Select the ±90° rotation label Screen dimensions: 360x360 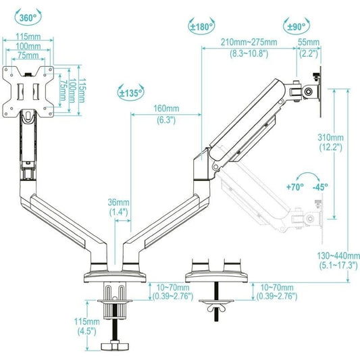(x=296, y=26)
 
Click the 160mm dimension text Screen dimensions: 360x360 (x=165, y=109)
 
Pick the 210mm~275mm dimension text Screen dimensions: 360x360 (x=249, y=42)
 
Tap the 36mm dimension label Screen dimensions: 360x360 (x=119, y=202)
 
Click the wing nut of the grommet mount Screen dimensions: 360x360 (x=217, y=309)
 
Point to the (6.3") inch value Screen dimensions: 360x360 (x=165, y=120)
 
